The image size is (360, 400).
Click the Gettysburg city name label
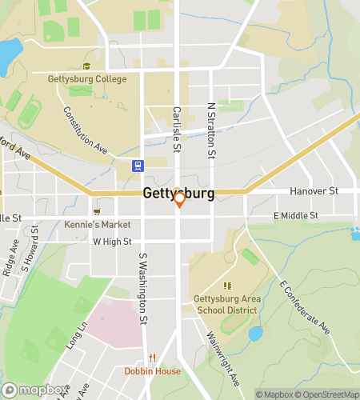click(178, 194)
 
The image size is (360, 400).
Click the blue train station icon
click(138, 166)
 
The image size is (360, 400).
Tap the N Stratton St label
click(212, 128)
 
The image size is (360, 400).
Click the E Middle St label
click(295, 215)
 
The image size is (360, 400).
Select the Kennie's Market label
click(98, 225)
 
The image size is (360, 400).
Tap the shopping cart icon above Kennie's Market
click(97, 212)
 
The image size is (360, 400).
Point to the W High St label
click(112, 241)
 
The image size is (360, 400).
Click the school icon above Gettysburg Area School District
click(228, 285)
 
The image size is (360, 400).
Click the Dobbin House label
click(152, 371)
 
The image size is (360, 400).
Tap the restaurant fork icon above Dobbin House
click(152, 358)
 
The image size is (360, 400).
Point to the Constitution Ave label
click(86, 130)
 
